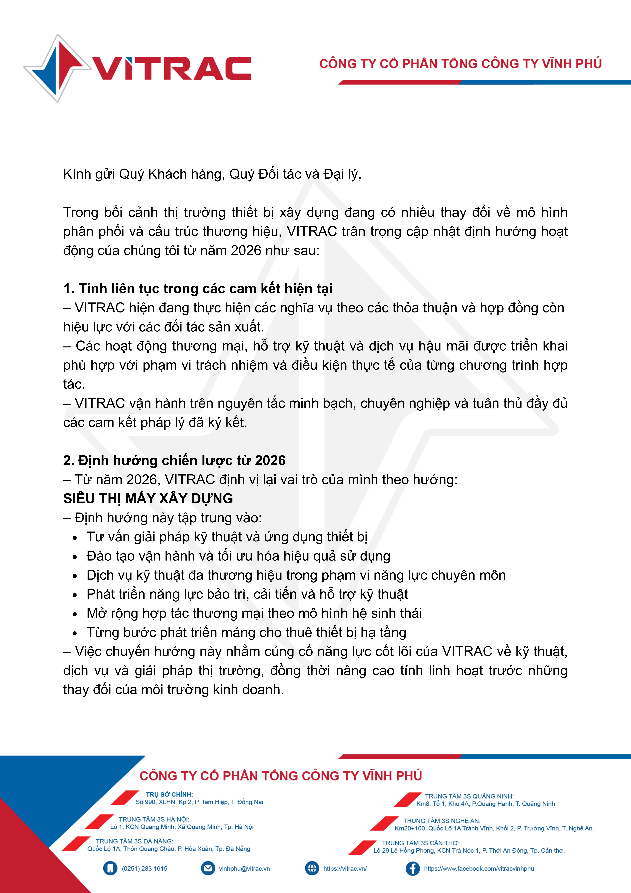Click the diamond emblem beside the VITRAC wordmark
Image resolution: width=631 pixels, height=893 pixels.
tap(58, 68)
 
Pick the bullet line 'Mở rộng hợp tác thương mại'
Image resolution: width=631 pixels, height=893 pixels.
tap(254, 613)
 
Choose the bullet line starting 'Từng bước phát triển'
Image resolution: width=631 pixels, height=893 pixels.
tap(246, 632)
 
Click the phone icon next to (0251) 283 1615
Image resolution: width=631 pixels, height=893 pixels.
tap(110, 869)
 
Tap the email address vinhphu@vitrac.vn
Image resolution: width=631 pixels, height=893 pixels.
tap(244, 869)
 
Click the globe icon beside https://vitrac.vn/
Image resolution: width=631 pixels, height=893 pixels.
tap(312, 869)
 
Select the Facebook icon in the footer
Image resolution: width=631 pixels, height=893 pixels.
tap(413, 869)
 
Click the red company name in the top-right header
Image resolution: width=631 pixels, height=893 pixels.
tap(460, 64)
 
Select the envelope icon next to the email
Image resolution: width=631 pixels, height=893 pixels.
tap(208, 869)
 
